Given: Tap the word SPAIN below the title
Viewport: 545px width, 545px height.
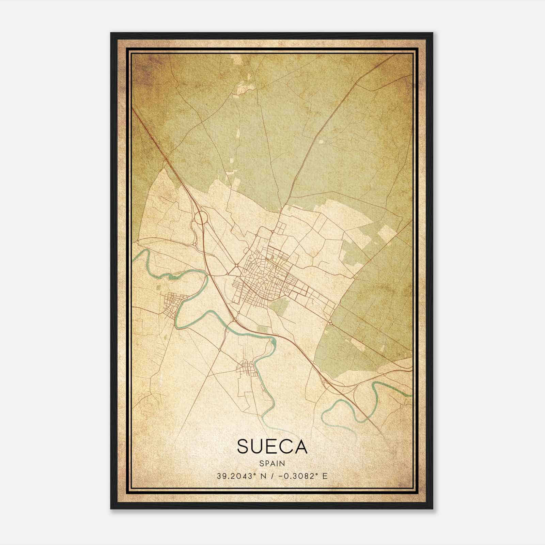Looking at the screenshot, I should (x=272, y=463).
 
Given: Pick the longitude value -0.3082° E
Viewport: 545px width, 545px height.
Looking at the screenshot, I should (x=302, y=476).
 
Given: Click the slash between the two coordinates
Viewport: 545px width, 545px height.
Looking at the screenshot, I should (x=271, y=476).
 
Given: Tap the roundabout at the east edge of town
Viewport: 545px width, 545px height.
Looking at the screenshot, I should (x=330, y=322).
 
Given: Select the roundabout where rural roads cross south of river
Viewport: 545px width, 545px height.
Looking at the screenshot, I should (x=220, y=349).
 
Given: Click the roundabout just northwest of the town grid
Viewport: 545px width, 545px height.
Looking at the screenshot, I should (x=236, y=265).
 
